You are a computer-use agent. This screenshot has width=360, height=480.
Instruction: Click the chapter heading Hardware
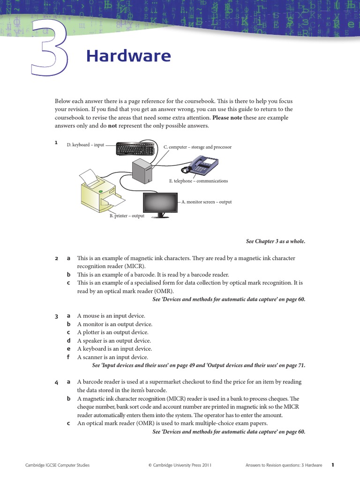tap(128, 56)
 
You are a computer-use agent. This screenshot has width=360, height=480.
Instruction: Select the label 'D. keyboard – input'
tap(85, 145)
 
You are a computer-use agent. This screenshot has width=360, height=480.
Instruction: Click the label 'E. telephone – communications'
tap(198, 181)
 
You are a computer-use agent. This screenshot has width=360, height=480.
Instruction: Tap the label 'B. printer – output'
tap(127, 216)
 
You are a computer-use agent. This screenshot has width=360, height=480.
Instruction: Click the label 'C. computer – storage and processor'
tap(197, 147)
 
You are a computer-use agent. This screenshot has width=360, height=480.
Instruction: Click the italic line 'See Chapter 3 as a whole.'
tap(275, 241)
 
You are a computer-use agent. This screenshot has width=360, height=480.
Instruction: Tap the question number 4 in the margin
tap(56, 382)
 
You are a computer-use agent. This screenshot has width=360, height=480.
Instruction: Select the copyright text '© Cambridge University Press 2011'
tap(180, 465)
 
